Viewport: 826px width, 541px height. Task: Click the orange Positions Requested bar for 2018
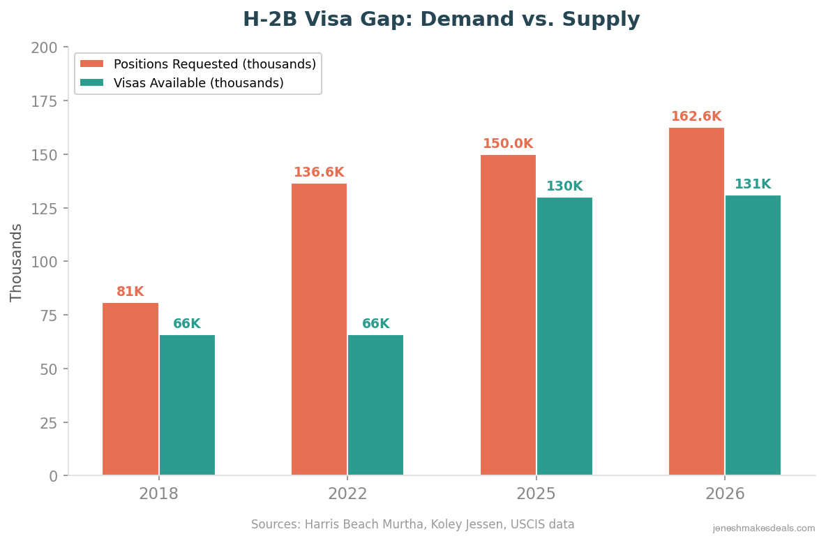coord(130,389)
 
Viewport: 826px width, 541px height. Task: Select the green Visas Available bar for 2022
coord(375,405)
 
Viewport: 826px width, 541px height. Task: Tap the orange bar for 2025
coord(508,315)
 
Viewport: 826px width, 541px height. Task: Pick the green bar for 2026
coord(753,335)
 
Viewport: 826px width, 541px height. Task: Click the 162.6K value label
coord(696,117)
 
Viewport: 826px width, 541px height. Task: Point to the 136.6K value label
coord(319,172)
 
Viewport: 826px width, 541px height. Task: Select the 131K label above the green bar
coord(753,184)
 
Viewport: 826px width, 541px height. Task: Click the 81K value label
coord(130,292)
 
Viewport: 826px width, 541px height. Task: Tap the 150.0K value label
coord(508,144)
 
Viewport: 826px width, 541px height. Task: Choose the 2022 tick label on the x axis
coord(347,494)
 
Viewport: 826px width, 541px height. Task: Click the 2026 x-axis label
coord(725,494)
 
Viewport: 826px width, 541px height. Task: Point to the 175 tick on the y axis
coord(44,101)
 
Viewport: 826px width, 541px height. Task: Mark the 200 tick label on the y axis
coord(44,48)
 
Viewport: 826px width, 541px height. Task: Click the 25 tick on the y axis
coord(48,423)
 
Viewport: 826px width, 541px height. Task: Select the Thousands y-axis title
coord(17,262)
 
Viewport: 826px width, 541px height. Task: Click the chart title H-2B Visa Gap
coord(441,20)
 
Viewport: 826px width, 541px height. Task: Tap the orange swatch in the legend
coord(91,64)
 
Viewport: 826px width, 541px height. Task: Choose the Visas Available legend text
coord(199,83)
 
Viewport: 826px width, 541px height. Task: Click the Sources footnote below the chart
coord(412,524)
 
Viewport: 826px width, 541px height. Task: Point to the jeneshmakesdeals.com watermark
coord(763,528)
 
